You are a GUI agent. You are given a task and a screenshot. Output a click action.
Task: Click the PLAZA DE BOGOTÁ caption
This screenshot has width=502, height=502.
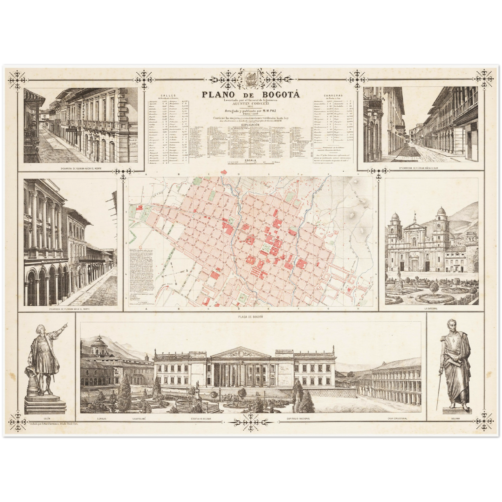(x=251, y=316)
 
